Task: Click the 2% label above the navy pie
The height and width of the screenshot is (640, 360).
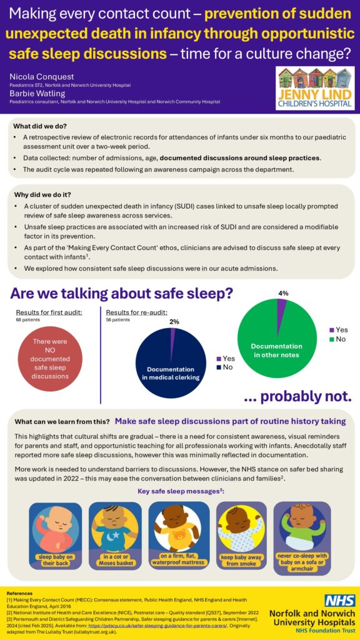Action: [174, 321]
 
